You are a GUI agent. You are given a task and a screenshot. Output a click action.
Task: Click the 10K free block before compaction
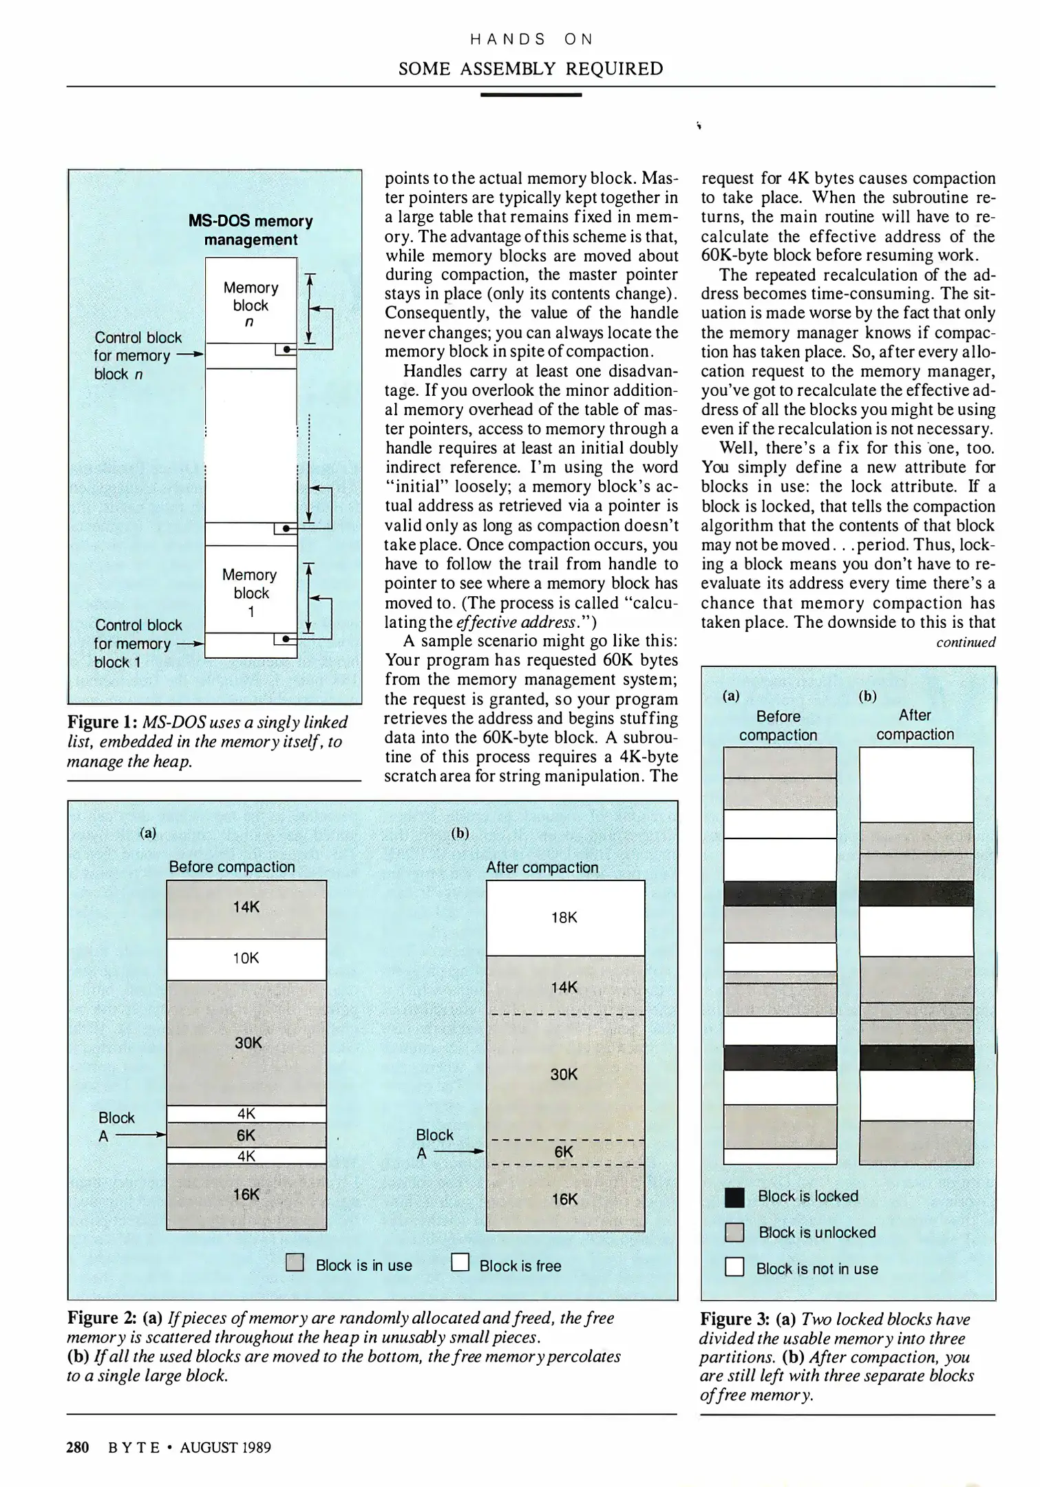[246, 959]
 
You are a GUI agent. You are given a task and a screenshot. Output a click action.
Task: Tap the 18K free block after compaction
[564, 918]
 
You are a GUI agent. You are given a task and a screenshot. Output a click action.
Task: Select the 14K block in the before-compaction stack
[246, 908]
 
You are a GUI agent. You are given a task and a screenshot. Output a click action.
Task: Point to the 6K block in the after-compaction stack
[564, 1152]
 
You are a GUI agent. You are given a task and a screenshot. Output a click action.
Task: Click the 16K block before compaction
[246, 1195]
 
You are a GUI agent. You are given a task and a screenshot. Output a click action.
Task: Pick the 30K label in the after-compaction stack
[564, 1075]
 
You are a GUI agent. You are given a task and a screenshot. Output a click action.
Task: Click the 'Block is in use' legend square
[295, 1263]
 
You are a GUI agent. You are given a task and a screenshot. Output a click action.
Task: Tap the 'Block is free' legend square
[460, 1263]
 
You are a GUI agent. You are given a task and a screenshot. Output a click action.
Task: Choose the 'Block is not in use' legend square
[734, 1268]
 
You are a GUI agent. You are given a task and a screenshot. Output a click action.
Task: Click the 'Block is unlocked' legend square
[734, 1233]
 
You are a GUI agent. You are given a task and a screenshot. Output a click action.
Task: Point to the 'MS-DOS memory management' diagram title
[251, 230]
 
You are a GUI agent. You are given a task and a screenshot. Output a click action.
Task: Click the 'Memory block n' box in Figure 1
[251, 300]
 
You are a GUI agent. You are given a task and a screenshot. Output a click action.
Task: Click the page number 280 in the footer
[78, 1448]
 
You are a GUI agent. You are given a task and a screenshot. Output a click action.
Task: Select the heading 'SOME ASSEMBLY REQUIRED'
[531, 69]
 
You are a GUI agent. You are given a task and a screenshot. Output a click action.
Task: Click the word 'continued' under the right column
[966, 642]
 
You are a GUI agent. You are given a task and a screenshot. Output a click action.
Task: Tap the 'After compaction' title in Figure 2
[542, 867]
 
